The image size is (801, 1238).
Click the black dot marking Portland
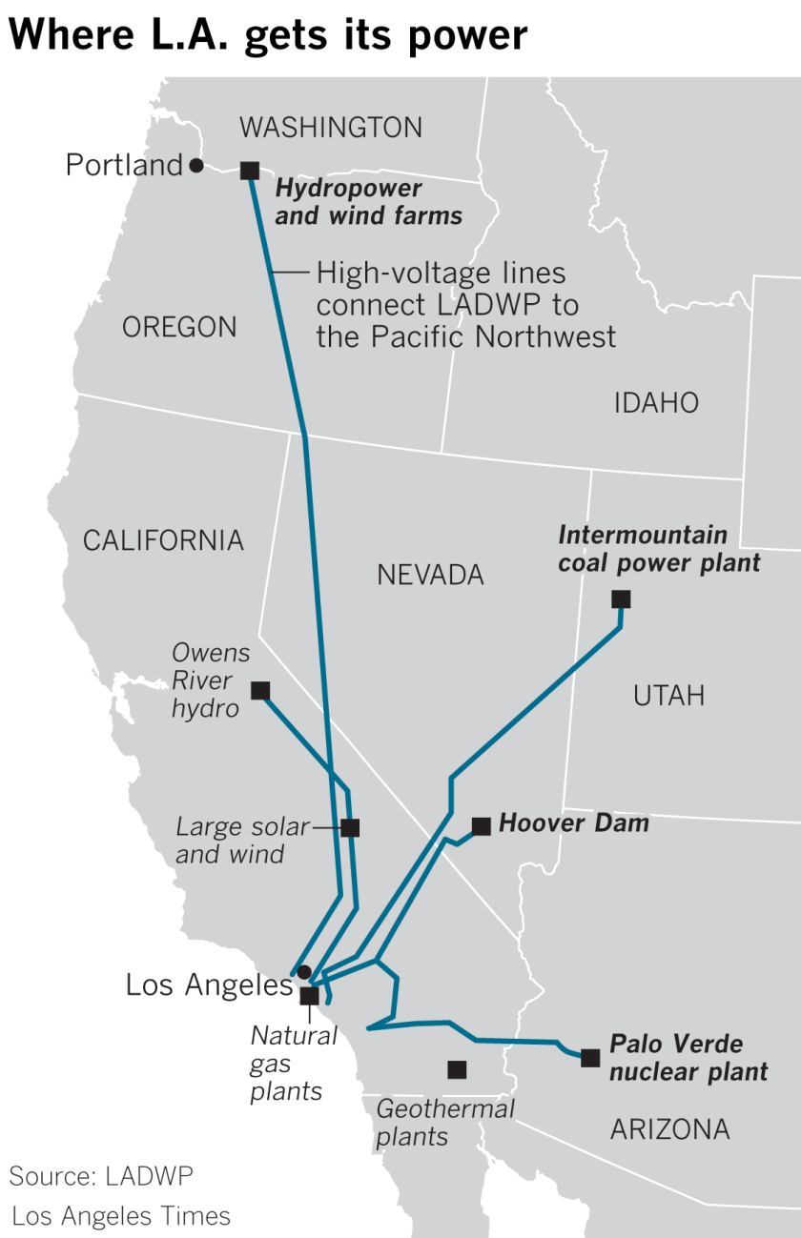click(196, 166)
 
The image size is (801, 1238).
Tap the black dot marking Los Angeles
click(303, 972)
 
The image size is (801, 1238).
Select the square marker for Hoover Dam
click(482, 826)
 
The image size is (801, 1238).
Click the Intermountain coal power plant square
click(621, 599)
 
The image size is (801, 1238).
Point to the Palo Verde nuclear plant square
click(590, 1057)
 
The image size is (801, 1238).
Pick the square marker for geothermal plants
click(457, 1069)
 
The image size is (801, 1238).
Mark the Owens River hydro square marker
click(259, 690)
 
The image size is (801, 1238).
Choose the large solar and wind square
click(350, 827)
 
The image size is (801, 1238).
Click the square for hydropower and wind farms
click(250, 171)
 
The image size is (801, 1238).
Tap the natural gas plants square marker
click(309, 996)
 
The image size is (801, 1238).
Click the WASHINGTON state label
click(331, 127)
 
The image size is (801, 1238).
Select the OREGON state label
click(179, 327)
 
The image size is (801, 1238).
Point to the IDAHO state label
click(656, 403)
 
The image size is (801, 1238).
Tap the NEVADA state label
click(430, 575)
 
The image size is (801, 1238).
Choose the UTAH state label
click(668, 696)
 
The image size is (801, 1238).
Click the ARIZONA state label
click(669, 1130)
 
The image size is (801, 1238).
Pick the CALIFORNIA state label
click(163, 540)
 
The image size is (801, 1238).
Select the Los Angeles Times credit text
click(121, 1216)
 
